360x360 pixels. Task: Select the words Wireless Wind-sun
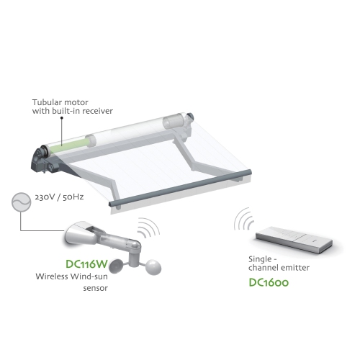pyautogui.click(x=71, y=277)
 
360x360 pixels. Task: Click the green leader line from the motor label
pyautogui.click(x=63, y=130)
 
